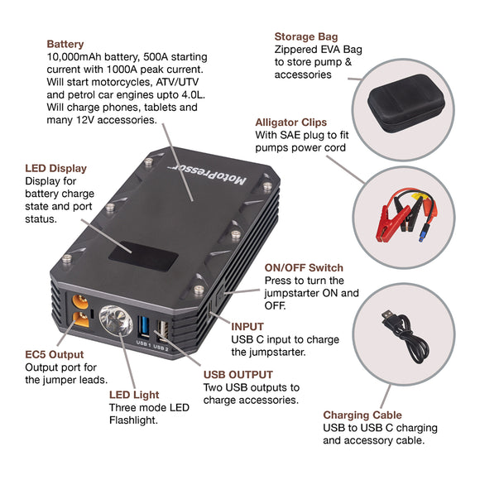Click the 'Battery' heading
tap(65, 44)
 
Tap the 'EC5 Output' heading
tap(54, 353)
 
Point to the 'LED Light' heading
tap(134, 395)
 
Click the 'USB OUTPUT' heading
tap(238, 374)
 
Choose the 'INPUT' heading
tap(247, 327)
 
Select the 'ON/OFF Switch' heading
tap(303, 267)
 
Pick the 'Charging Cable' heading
tap(362, 415)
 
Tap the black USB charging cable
tap(406, 331)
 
